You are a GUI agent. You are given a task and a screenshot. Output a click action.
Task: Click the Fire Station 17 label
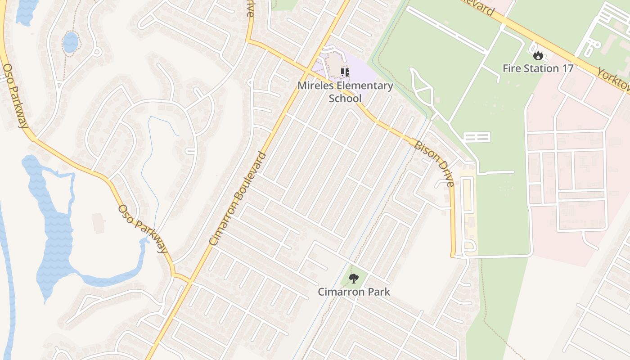(538, 68)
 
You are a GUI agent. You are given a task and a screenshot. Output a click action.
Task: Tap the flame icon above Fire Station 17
(538, 56)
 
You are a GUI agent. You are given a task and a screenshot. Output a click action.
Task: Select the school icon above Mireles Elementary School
(345, 72)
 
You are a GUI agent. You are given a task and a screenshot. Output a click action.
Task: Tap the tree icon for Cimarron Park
(354, 279)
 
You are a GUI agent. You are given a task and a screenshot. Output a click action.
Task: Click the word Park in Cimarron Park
(379, 292)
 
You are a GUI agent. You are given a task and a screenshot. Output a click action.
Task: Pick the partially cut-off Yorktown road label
(613, 80)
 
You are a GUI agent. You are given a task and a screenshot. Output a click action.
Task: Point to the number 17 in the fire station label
(567, 68)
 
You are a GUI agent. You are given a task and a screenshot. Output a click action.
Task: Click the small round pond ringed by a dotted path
(70, 42)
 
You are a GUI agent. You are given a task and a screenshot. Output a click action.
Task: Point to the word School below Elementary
(345, 98)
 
